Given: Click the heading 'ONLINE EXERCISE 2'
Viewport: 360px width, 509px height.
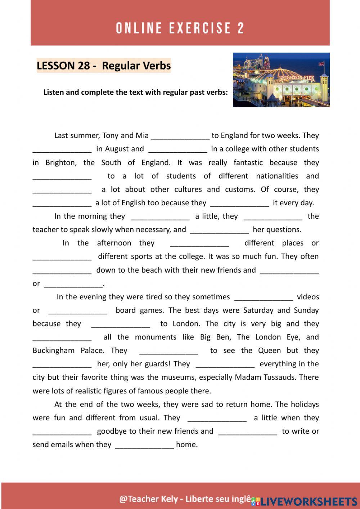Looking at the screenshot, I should [180, 28].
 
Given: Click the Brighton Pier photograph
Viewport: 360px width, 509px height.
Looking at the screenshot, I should [281, 80].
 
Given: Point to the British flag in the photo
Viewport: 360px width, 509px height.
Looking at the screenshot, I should [321, 64].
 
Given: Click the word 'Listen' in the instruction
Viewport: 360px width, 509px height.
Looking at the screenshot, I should [54, 92].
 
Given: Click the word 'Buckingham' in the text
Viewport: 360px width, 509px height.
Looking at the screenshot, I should [53, 351].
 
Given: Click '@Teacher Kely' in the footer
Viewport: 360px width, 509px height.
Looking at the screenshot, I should [148, 499].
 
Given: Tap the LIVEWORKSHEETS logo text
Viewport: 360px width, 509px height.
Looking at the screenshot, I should [309, 501].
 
